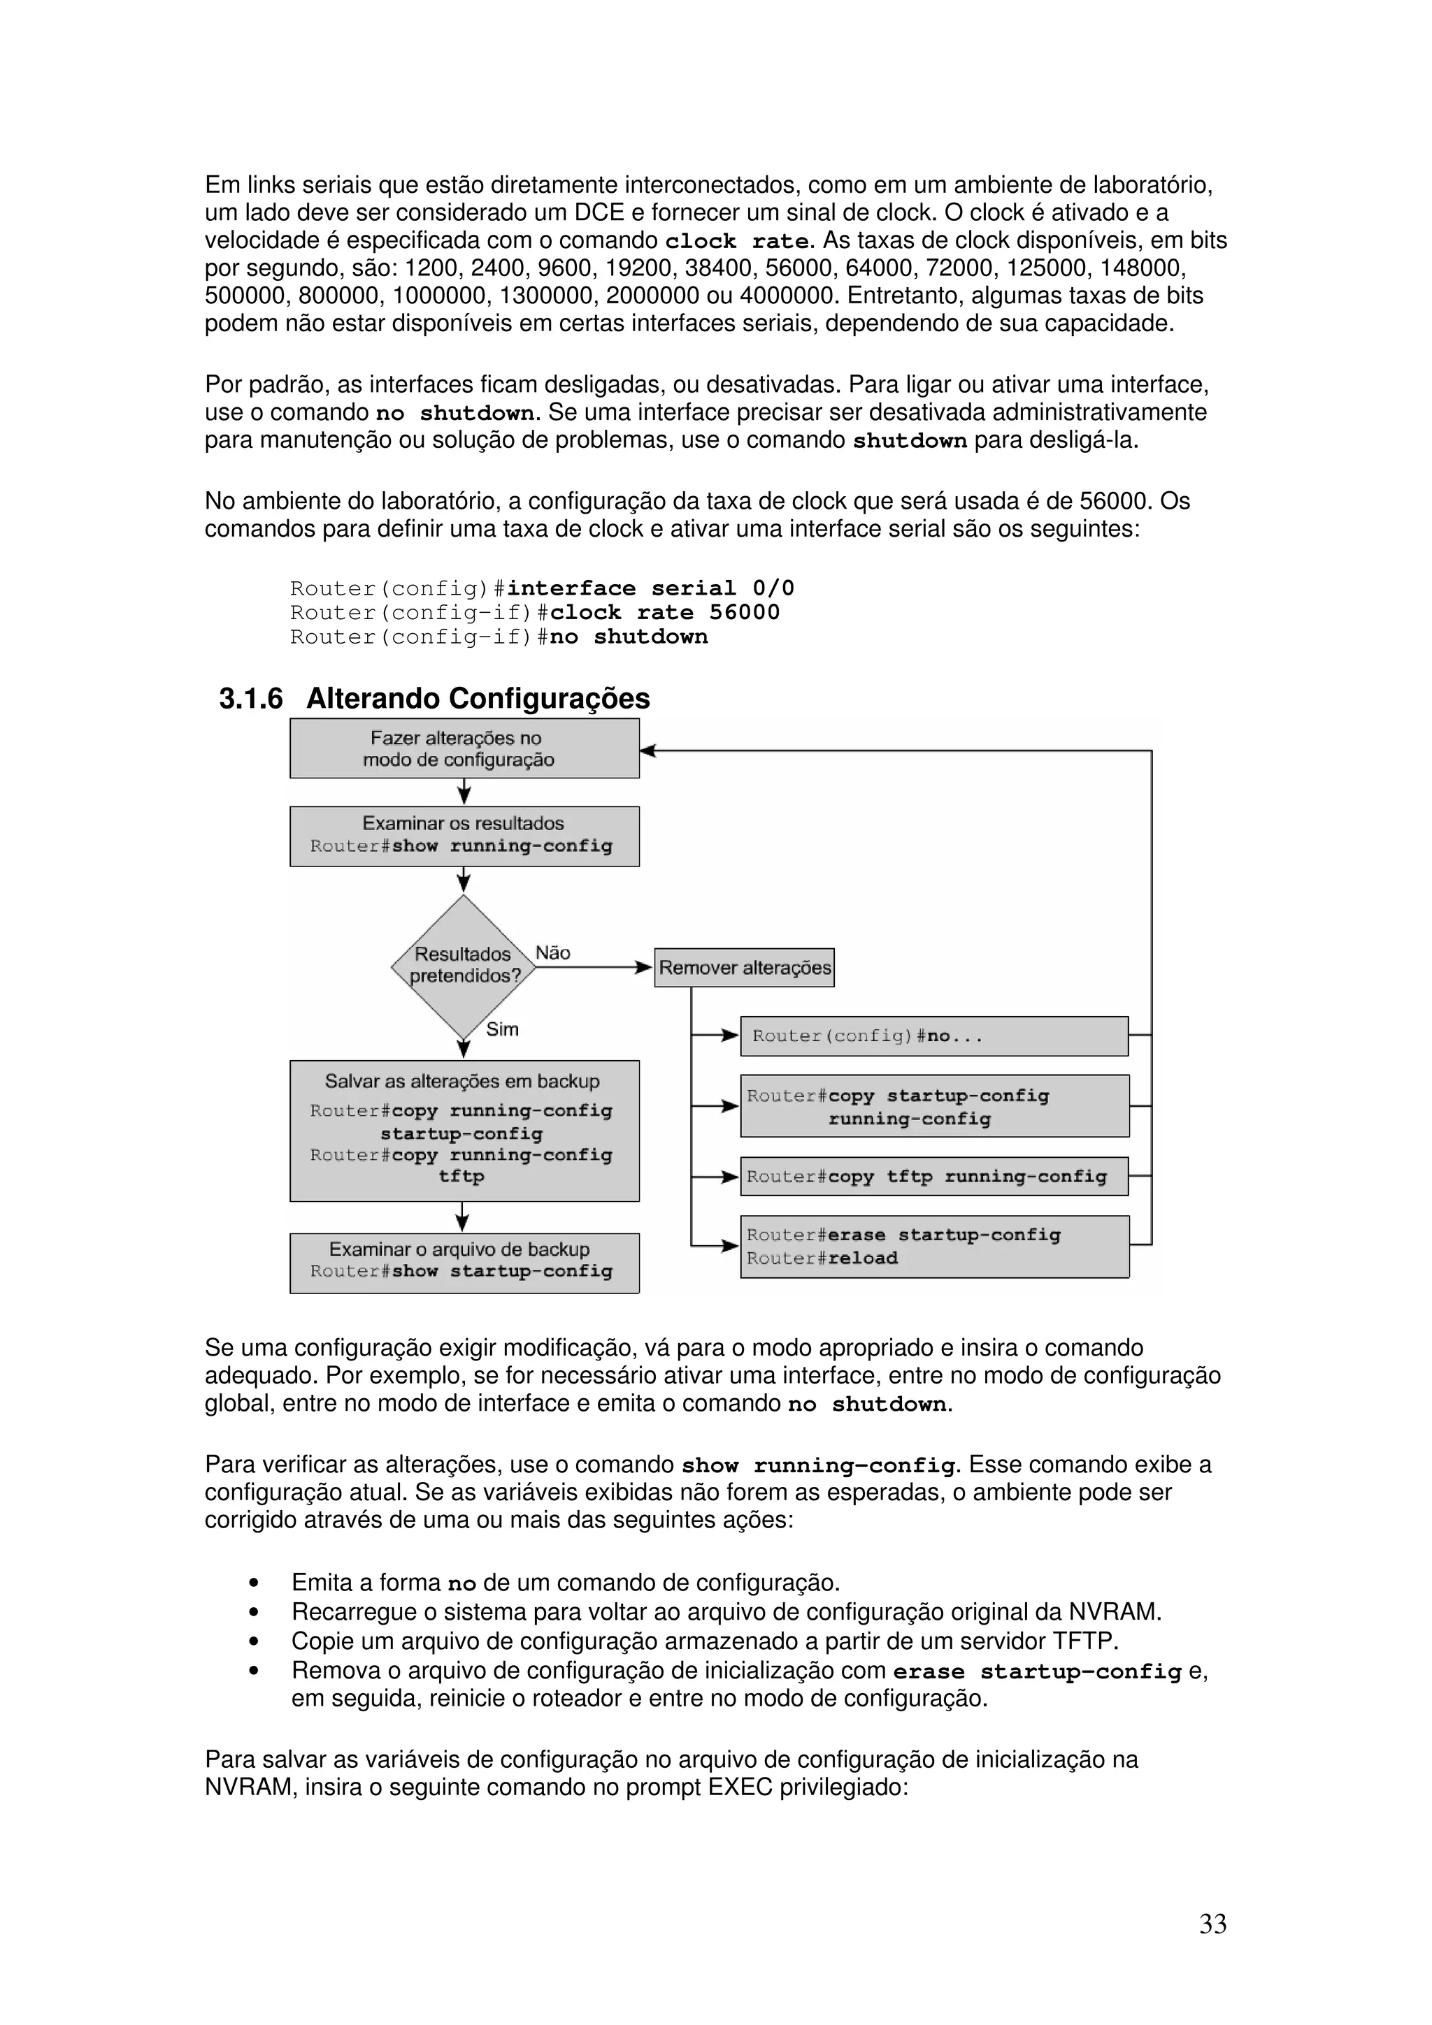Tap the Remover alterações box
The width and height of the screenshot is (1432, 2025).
pos(744,968)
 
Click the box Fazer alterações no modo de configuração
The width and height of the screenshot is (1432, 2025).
pos(464,749)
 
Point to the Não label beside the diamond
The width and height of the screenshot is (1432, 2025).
pos(553,952)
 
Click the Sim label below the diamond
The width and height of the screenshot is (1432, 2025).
pos(502,1029)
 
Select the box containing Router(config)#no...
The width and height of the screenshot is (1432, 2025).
pos(933,1036)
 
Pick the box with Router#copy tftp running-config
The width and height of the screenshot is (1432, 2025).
pos(933,1177)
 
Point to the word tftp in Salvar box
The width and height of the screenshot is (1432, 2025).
pos(461,1177)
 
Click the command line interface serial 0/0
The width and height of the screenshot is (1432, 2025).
pos(650,588)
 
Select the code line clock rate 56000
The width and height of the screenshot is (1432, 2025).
pos(664,612)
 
